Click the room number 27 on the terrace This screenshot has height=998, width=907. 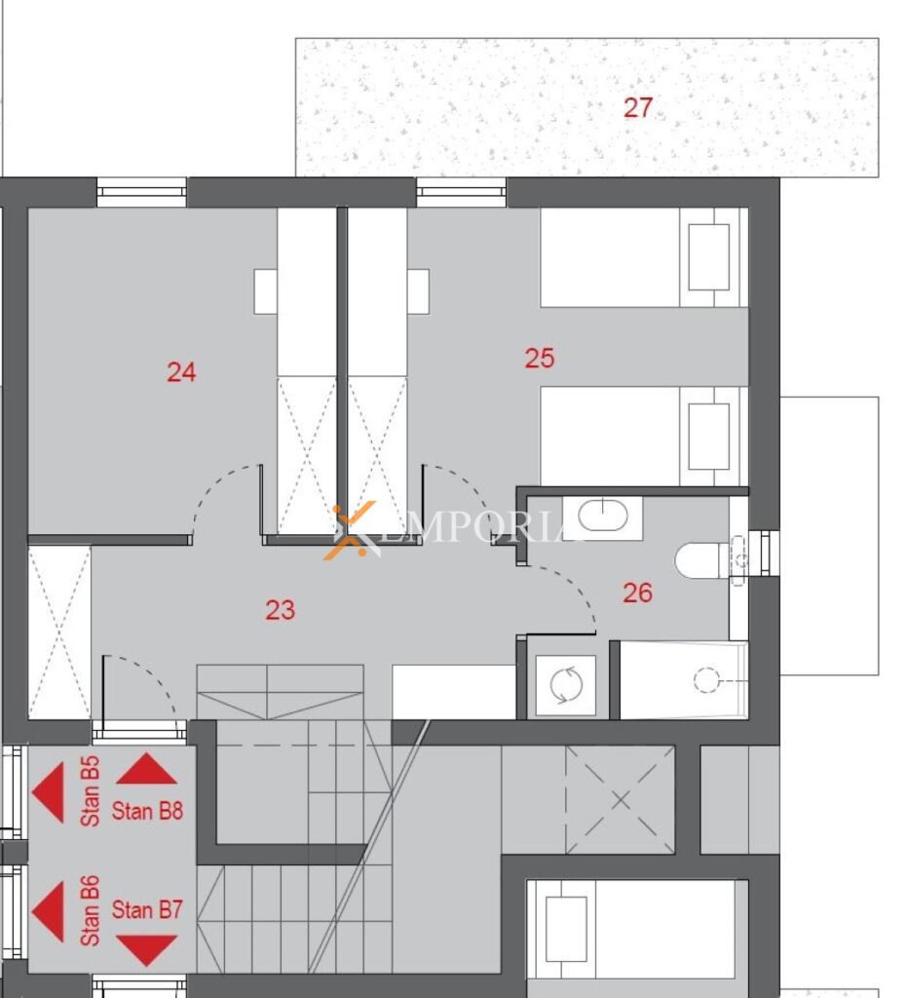[x=637, y=107]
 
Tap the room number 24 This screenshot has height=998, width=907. [x=181, y=372]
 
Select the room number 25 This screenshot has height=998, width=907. [x=540, y=359]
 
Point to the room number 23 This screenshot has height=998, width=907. [x=280, y=610]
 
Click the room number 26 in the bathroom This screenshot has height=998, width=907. [x=637, y=594]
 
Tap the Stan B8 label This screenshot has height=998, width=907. [x=147, y=811]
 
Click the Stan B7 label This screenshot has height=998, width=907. [x=147, y=910]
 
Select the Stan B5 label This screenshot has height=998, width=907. [x=91, y=791]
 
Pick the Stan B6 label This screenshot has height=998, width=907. [x=91, y=911]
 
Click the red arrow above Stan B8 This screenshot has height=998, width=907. [x=147, y=769]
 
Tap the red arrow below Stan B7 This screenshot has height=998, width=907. [x=147, y=949]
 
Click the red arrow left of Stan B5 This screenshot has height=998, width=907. [x=49, y=792]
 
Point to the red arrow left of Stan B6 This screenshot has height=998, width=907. [x=49, y=911]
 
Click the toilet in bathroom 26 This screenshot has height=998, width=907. [x=706, y=560]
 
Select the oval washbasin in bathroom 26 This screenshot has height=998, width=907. [x=602, y=515]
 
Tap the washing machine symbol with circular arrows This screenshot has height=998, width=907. [x=565, y=685]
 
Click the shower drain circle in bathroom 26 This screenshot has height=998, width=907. [x=706, y=679]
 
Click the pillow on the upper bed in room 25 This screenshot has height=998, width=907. [x=708, y=257]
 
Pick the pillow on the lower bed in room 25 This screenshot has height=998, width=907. [x=708, y=437]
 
